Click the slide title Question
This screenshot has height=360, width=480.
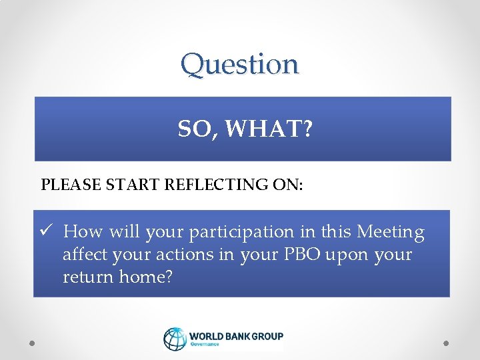[240, 65]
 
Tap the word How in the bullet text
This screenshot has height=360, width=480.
[84, 232]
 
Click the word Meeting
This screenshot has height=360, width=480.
[391, 232]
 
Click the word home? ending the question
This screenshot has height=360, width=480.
[146, 277]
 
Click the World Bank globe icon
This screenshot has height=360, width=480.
[175, 339]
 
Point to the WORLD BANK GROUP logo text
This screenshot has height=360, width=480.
[236, 336]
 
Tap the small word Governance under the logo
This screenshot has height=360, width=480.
[205, 345]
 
